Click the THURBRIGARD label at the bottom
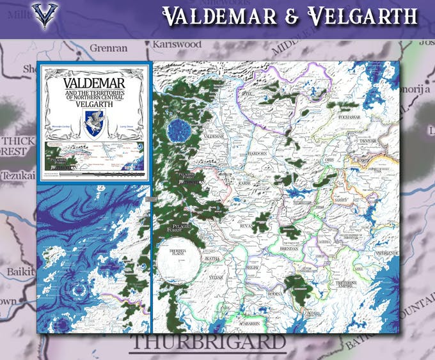coord(207,342)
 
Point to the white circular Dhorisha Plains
coord(177,262)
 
